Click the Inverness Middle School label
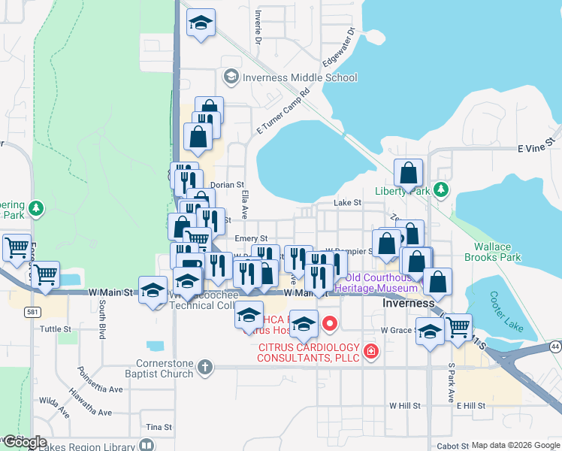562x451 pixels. [x=300, y=77]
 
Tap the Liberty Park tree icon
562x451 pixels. [x=443, y=189]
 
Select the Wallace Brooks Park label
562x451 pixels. [x=497, y=252]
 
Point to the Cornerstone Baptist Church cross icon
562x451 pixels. [x=205, y=368]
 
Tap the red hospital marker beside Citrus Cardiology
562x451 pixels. [x=370, y=352]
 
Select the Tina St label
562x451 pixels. [x=159, y=427]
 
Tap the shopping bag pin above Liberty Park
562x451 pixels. [x=408, y=174]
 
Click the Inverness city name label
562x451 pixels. [x=408, y=304]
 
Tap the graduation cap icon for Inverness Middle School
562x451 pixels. [x=231, y=77]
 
